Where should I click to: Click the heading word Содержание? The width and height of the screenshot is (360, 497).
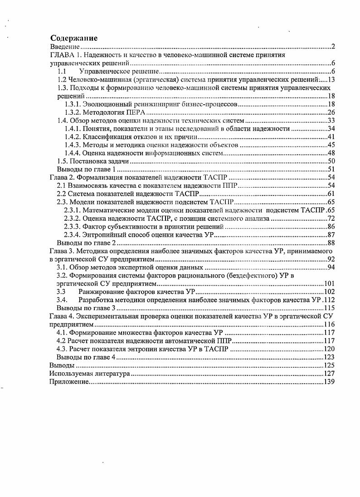[74, 39]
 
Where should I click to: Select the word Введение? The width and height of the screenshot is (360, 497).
[65, 47]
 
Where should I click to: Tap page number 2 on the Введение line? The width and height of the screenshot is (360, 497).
[333, 47]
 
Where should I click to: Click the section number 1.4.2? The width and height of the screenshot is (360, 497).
[73, 137]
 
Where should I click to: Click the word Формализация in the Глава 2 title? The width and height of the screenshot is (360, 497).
[97, 177]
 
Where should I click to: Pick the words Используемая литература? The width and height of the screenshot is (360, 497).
[90, 373]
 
